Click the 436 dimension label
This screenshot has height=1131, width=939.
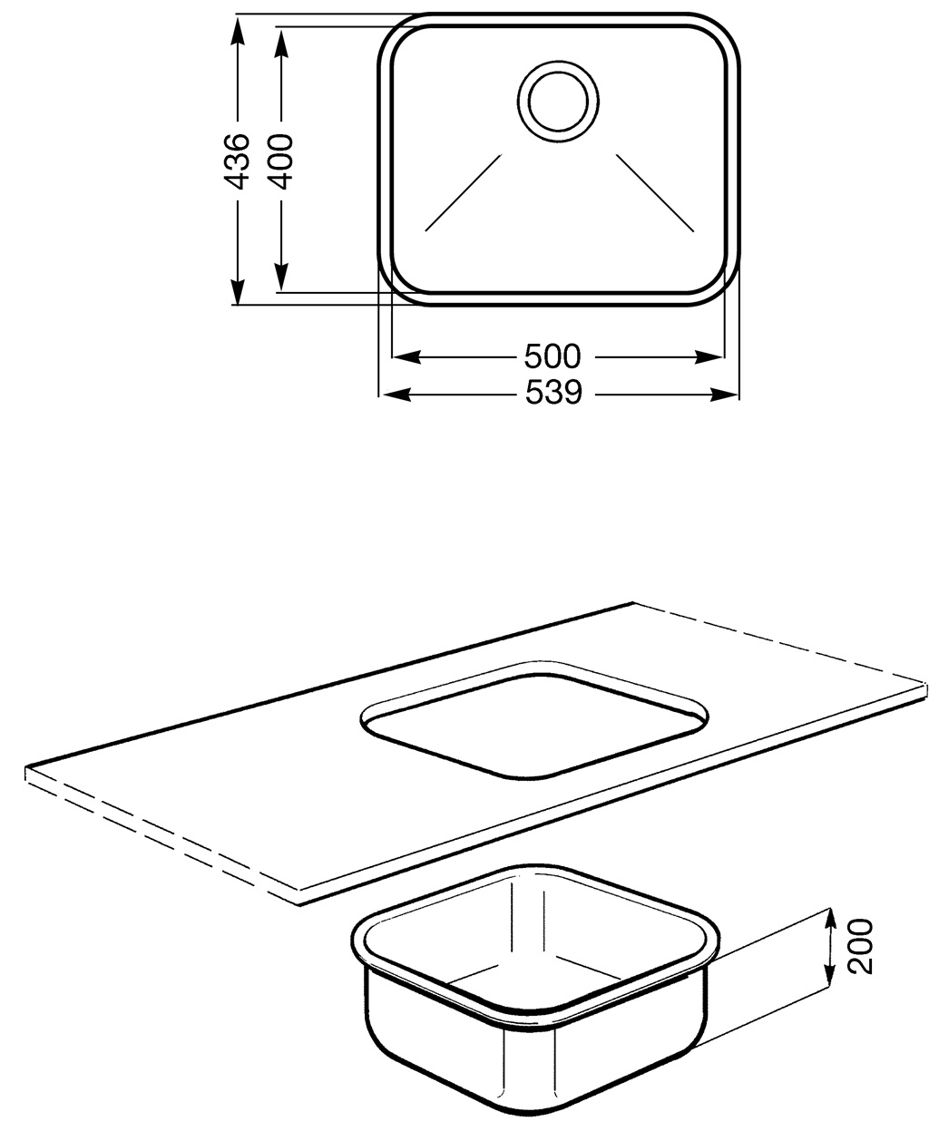click(238, 161)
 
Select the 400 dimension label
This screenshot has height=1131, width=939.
click(280, 161)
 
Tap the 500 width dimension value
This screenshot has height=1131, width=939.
click(553, 357)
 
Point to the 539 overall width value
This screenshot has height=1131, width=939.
click(553, 393)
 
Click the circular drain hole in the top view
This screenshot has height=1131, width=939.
click(558, 102)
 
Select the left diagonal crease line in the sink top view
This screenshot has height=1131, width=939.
click(464, 193)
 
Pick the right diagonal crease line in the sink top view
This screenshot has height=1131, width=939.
click(655, 193)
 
